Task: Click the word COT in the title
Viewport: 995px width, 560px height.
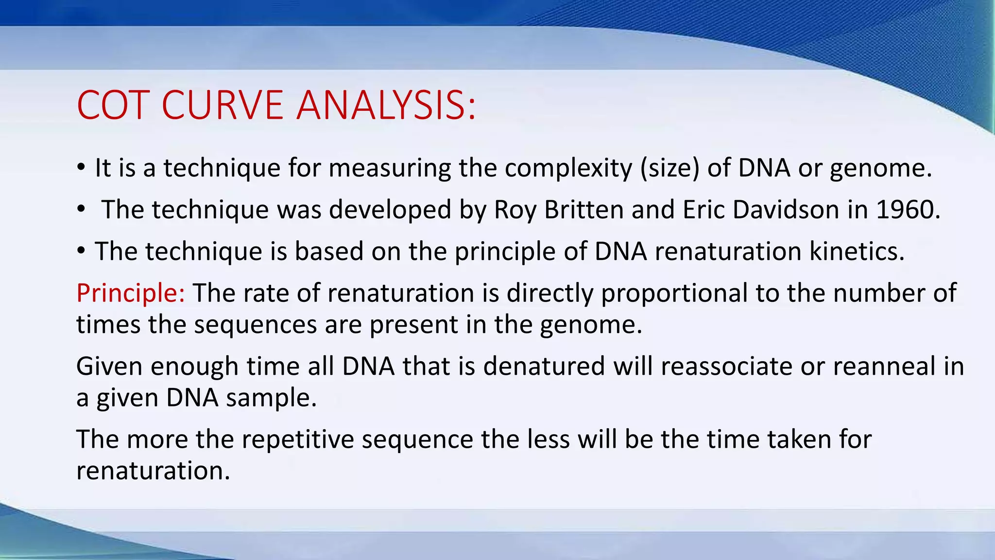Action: [112, 105]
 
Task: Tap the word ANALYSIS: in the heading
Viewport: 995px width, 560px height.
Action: [386, 105]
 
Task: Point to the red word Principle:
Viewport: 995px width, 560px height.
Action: [130, 293]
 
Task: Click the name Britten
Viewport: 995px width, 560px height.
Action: [584, 210]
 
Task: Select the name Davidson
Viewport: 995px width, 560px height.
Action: [786, 210]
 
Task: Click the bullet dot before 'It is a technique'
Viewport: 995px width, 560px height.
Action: [81, 168]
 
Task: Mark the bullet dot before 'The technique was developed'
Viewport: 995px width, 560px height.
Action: [81, 210]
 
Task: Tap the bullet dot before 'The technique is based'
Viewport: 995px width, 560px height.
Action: [81, 251]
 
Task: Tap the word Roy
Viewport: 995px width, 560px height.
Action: [515, 210]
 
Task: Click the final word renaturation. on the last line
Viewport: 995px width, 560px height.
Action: [153, 471]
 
